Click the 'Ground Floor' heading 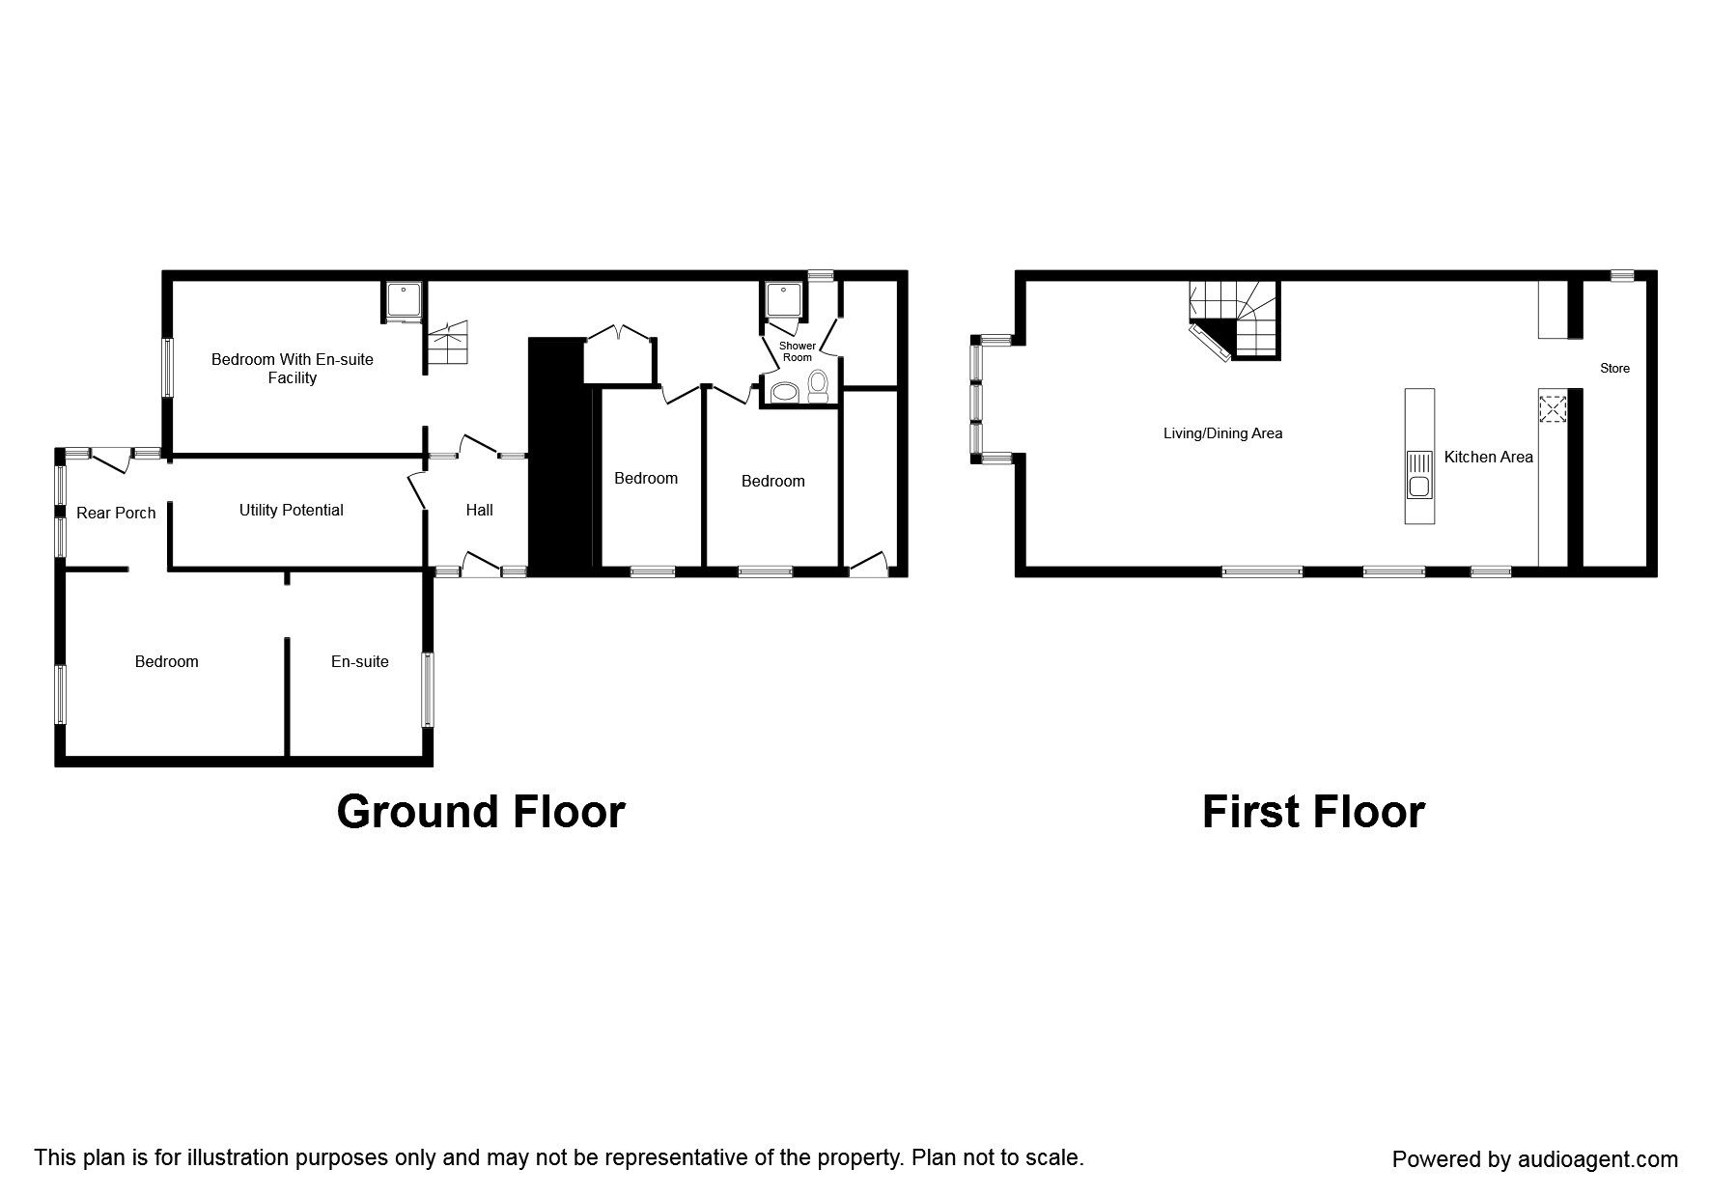click(x=481, y=812)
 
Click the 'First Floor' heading click(x=1312, y=812)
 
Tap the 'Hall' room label click(x=479, y=510)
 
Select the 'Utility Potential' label click(x=291, y=510)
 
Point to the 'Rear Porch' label click(x=116, y=513)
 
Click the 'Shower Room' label click(x=798, y=351)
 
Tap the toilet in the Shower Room click(x=818, y=386)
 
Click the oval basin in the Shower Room click(x=784, y=392)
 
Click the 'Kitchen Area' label click(x=1488, y=457)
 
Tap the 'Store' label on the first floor click(x=1614, y=368)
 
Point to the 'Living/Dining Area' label click(x=1222, y=433)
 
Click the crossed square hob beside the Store click(x=1552, y=409)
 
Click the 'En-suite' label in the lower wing click(x=359, y=661)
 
